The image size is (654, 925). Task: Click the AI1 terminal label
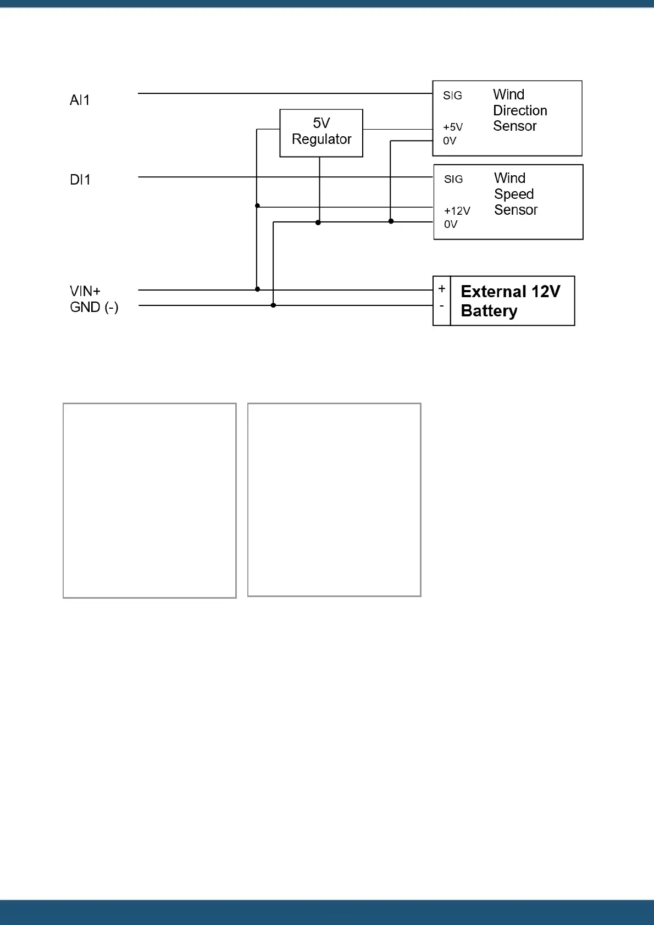click(80, 100)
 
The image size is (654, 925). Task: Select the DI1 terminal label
click(80, 180)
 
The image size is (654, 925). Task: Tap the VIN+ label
click(85, 291)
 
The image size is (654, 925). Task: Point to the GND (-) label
click(94, 307)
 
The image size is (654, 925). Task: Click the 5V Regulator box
click(322, 133)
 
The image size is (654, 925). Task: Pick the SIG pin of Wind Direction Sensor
click(452, 96)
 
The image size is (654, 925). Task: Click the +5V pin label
click(453, 127)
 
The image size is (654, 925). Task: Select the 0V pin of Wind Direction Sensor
click(450, 141)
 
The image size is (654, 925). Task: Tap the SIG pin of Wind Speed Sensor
click(453, 179)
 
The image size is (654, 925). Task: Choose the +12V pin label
click(457, 211)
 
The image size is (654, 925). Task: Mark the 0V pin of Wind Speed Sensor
click(451, 224)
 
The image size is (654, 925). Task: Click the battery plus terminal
click(442, 289)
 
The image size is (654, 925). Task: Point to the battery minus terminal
click(442, 306)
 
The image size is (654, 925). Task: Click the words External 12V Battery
click(511, 301)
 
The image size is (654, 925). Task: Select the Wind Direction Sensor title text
click(520, 110)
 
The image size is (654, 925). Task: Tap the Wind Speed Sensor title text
click(516, 194)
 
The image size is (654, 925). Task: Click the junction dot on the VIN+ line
click(257, 289)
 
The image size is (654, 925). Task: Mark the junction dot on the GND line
click(273, 305)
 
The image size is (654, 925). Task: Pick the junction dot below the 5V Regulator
click(318, 222)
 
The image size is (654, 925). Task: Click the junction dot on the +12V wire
click(257, 206)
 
